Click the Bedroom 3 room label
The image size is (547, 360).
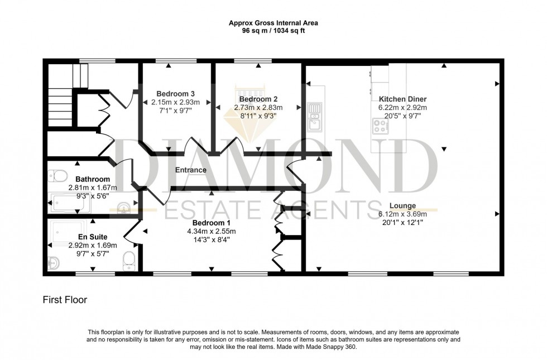pyautogui.click(x=175, y=93)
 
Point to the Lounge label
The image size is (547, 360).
pyautogui.click(x=402, y=205)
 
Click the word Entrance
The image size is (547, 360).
pyautogui.click(x=191, y=170)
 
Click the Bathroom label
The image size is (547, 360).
pyautogui.click(x=93, y=179)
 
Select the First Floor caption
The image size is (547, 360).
pyautogui.click(x=65, y=300)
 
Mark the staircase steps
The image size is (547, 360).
pyautogui.click(x=59, y=103)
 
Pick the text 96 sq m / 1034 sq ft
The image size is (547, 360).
pyautogui.click(x=273, y=31)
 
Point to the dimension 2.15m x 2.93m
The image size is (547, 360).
pyautogui.click(x=175, y=102)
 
